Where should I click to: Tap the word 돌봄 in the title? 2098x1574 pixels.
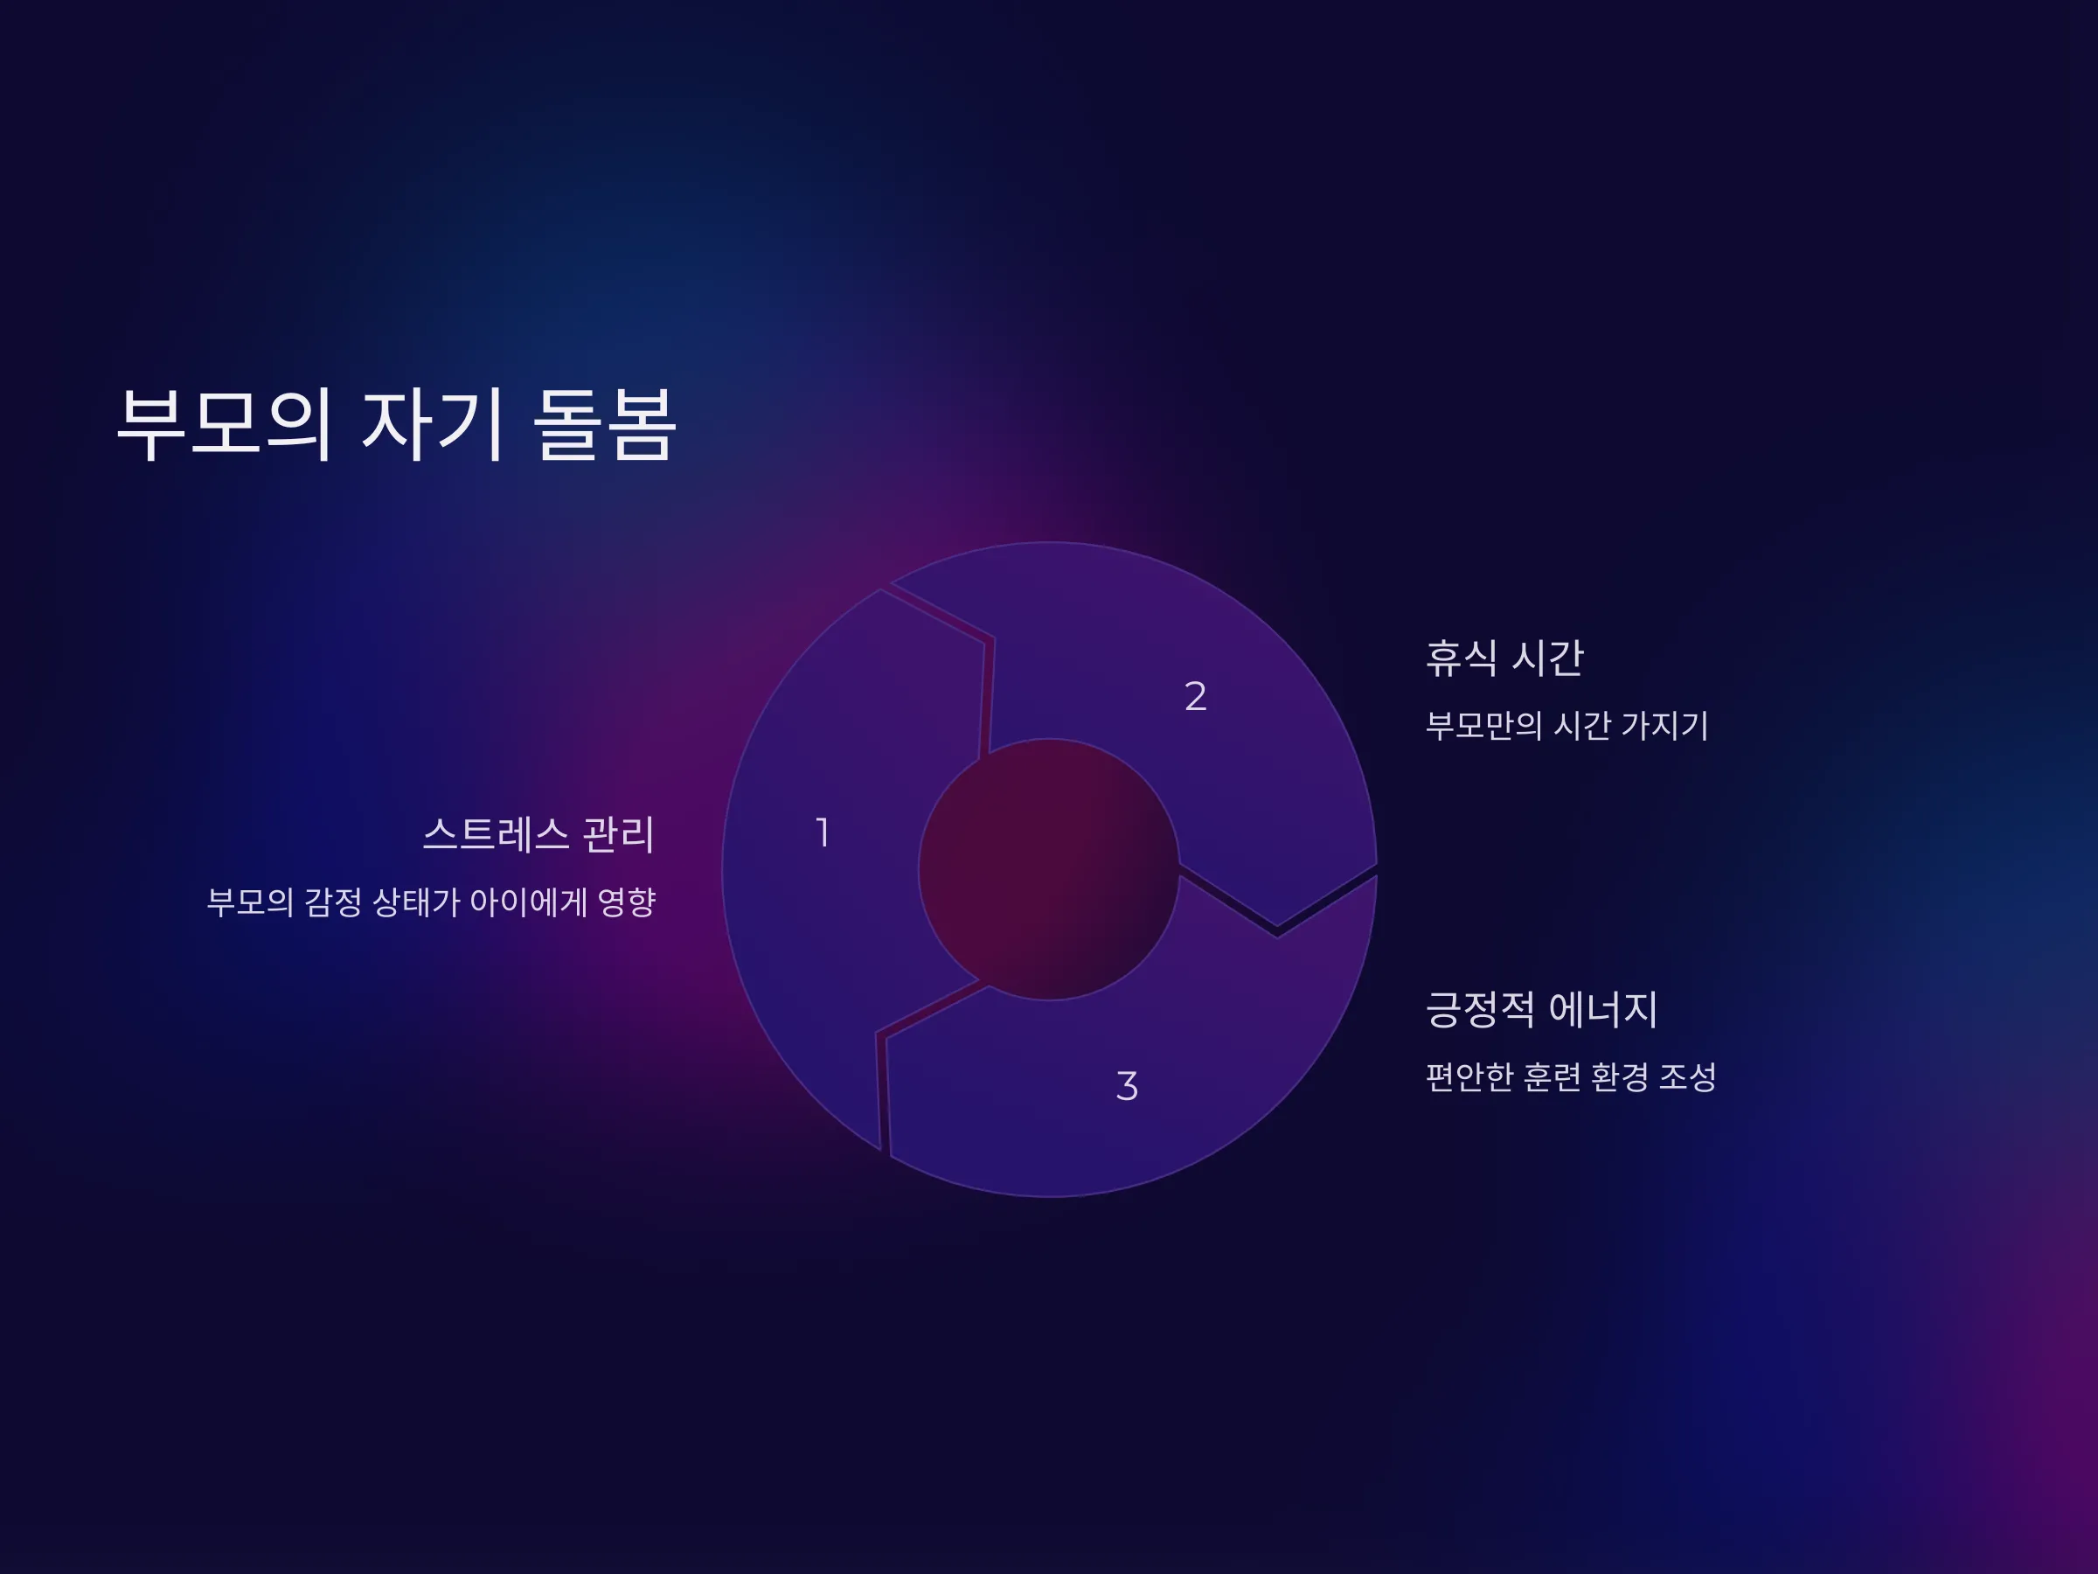pos(604,424)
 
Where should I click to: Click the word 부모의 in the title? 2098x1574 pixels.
pos(225,424)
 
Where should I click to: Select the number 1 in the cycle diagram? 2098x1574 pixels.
pos(823,832)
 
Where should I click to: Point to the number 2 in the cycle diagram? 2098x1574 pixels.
pos(1195,696)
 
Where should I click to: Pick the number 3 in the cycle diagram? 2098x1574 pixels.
pos(1127,1085)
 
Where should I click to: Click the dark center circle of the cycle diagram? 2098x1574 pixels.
pos(1049,869)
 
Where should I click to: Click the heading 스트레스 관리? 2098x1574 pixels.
pos(538,834)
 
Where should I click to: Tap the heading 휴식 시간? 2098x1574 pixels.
pos(1504,658)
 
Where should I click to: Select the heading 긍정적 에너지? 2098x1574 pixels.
pos(1542,1008)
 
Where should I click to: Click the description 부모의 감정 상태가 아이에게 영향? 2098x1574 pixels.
pos(431,902)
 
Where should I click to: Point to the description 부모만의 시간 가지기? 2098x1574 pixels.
pos(1567,725)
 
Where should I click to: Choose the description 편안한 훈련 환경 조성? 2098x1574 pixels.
pos(1571,1076)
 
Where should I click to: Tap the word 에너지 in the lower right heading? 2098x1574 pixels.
pos(1604,1008)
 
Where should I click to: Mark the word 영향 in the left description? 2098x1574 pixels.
pos(626,902)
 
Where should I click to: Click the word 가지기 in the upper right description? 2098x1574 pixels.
pos(1664,725)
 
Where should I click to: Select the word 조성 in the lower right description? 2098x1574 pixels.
pos(1687,1076)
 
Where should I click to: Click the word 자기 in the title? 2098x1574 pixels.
pos(432,424)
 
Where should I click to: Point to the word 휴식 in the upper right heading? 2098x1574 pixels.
pos(1462,658)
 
